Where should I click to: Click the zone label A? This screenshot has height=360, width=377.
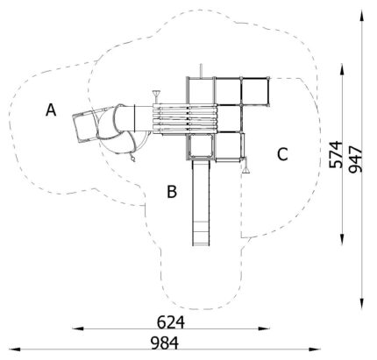tap(51, 110)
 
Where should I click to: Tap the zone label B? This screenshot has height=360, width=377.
tap(172, 192)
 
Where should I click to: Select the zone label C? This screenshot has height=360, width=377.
tap(282, 154)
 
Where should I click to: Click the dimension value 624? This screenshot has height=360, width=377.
tap(171, 322)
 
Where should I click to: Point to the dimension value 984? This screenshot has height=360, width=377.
tap(165, 343)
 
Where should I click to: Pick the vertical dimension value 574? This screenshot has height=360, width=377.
tap(336, 155)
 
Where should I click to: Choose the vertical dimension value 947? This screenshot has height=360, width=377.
tap(356, 159)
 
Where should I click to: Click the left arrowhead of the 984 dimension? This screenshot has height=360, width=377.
tap(15, 349)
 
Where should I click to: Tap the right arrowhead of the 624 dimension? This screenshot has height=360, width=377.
tap(264, 328)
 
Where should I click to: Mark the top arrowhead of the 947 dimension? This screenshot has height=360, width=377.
tap(362, 15)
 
